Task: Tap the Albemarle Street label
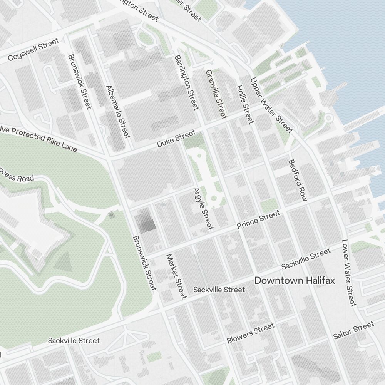118,112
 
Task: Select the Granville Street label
216,94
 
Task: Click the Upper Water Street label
271,104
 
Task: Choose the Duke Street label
176,139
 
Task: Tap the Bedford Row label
298,180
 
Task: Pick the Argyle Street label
203,209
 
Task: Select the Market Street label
176,276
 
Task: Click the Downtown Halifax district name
295,280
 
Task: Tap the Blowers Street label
250,333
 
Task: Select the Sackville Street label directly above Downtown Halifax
306,259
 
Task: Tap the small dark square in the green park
112,215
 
